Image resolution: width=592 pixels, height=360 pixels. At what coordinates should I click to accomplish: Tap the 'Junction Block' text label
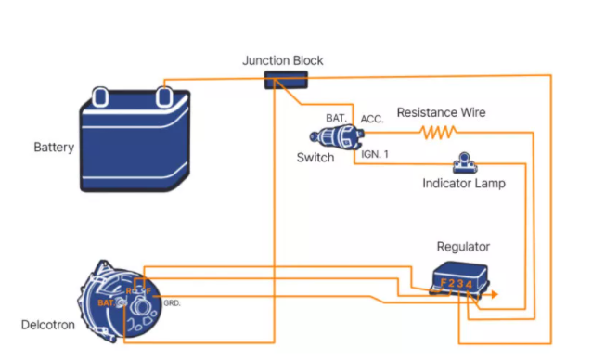283,61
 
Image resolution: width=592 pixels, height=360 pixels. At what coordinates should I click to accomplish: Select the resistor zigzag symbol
435,133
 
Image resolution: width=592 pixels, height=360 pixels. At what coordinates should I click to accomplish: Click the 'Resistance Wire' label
441,112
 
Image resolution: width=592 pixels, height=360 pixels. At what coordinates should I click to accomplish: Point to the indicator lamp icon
461,164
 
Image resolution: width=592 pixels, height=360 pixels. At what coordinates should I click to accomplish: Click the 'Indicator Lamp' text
463,184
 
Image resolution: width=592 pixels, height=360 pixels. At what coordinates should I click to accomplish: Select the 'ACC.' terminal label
372,120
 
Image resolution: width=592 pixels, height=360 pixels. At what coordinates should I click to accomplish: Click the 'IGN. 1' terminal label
375,154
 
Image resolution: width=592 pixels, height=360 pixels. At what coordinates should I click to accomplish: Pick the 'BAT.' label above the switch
336,119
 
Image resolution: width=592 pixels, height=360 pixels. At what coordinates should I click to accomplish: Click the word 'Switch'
315,158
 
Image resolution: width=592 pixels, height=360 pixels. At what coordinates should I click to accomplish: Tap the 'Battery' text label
54,148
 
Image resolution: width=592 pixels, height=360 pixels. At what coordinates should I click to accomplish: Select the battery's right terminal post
164,94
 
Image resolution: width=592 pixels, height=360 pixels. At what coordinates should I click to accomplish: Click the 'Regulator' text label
463,247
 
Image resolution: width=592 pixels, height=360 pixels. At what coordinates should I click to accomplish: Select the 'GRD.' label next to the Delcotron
172,303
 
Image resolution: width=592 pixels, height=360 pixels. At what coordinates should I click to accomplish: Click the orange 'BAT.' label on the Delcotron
104,302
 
